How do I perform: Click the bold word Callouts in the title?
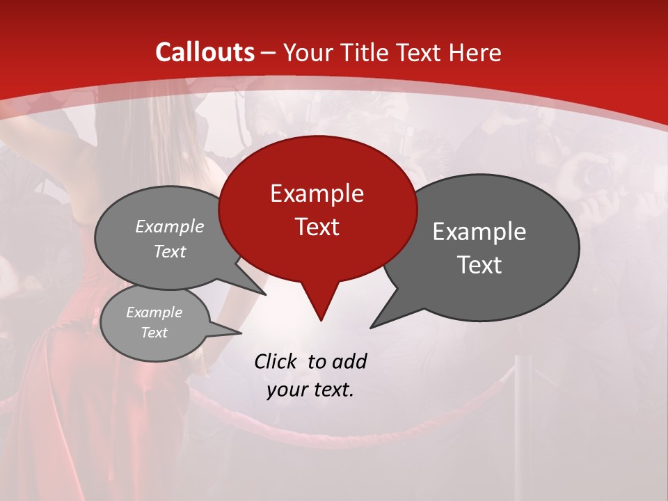pyautogui.click(x=205, y=52)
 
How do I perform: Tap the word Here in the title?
pyautogui.click(x=473, y=52)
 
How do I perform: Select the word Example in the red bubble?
pyautogui.click(x=317, y=193)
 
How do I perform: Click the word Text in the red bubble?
pyautogui.click(x=317, y=227)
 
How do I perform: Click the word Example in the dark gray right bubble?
pyautogui.click(x=479, y=232)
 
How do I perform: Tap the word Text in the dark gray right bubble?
pyautogui.click(x=479, y=265)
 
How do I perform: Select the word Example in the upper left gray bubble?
pyautogui.click(x=170, y=227)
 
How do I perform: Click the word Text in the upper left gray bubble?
pyautogui.click(x=170, y=251)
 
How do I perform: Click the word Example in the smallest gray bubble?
pyautogui.click(x=154, y=312)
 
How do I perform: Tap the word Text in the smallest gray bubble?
pyautogui.click(x=154, y=333)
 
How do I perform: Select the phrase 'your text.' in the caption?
pyautogui.click(x=310, y=390)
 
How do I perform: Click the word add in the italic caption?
pyautogui.click(x=349, y=361)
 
